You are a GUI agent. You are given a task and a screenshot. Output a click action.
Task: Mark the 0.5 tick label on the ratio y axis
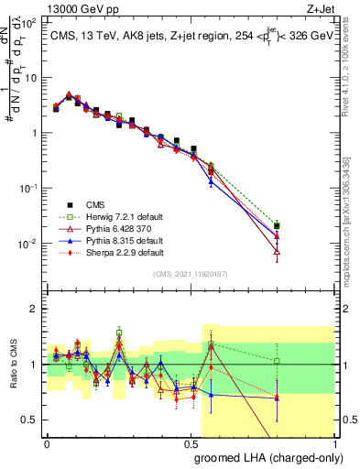tap(31, 420)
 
